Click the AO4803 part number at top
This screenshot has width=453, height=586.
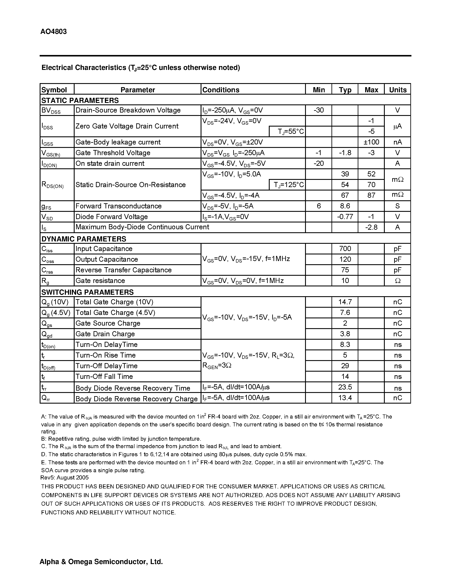point(54,32)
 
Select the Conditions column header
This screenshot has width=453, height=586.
point(221,90)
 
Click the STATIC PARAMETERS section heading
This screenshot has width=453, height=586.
point(80,100)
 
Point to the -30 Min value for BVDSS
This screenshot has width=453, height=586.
point(318,110)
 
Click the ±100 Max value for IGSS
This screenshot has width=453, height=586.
point(371,142)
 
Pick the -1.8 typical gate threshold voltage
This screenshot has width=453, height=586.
point(345,153)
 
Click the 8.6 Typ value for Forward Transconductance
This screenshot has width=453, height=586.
point(345,206)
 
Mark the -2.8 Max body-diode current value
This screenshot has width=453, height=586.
point(371,227)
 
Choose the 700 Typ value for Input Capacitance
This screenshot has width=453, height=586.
point(345,248)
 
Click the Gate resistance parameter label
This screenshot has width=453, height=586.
point(100,280)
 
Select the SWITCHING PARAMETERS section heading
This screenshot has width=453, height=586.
point(87,292)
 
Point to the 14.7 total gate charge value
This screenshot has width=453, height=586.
point(345,302)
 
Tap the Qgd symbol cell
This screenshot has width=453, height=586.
point(47,334)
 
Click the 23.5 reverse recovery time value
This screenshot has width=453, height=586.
point(345,387)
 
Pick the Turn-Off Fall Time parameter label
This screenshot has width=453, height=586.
point(104,377)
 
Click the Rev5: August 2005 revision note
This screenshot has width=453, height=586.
point(64,477)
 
